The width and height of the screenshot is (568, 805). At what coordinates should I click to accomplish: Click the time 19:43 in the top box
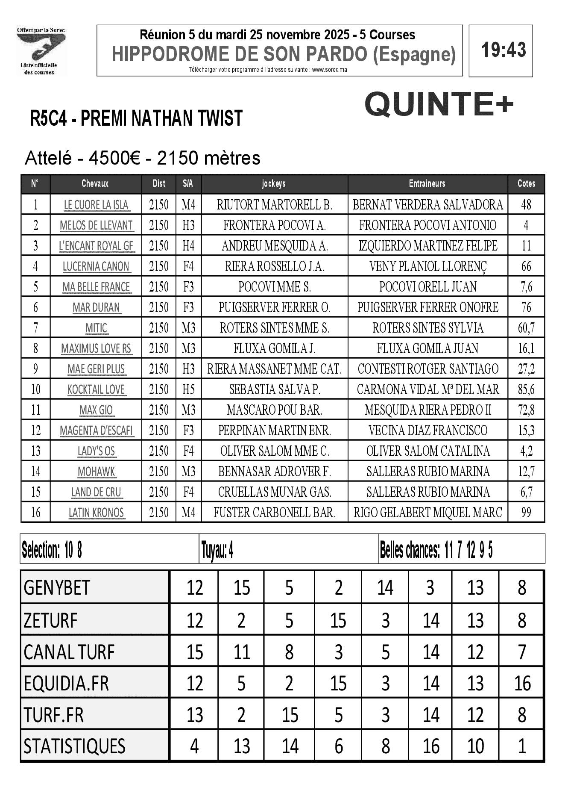coord(504,50)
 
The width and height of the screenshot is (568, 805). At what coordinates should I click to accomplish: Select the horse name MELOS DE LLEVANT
coord(96,225)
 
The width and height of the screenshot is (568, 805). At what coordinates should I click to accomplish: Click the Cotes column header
coord(526,183)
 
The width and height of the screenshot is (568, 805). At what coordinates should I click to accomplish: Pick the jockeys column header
coord(274,183)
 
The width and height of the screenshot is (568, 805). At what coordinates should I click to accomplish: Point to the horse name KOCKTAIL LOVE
coord(96,389)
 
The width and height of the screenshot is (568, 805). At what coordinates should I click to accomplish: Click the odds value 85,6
coord(526,389)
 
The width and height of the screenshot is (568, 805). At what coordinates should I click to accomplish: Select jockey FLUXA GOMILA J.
coord(274,348)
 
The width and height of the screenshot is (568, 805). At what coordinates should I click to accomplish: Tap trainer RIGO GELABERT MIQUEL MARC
coord(427,512)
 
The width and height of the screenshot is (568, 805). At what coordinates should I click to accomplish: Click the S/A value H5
coord(188,389)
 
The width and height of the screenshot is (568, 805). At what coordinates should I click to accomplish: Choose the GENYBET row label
coord(57,587)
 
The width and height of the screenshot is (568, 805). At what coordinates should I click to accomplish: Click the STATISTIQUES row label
coord(74,746)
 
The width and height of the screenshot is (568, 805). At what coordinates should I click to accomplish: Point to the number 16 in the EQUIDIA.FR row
coord(522,683)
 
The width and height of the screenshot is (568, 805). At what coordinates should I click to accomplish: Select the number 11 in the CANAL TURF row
coord(241,652)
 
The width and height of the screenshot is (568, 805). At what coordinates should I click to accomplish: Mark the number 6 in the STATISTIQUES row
coord(338,746)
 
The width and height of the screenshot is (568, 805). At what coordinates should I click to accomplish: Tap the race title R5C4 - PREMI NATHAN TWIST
coord(136,118)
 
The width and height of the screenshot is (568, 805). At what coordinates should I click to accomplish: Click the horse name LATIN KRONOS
coord(96,512)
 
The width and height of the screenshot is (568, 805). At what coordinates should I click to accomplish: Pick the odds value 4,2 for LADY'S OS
coord(526,451)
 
